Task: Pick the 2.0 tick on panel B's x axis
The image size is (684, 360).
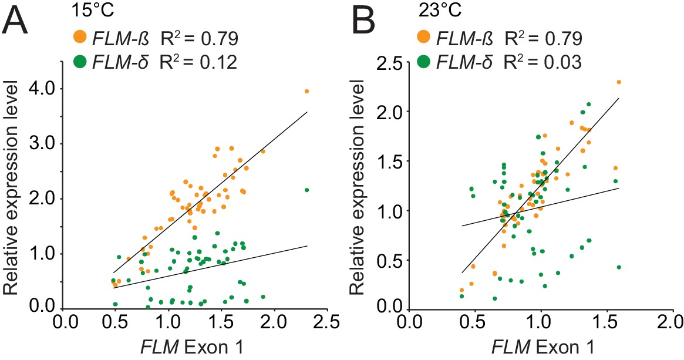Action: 670,322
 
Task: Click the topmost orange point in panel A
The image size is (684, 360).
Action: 306,91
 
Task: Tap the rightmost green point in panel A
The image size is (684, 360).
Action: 306,190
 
